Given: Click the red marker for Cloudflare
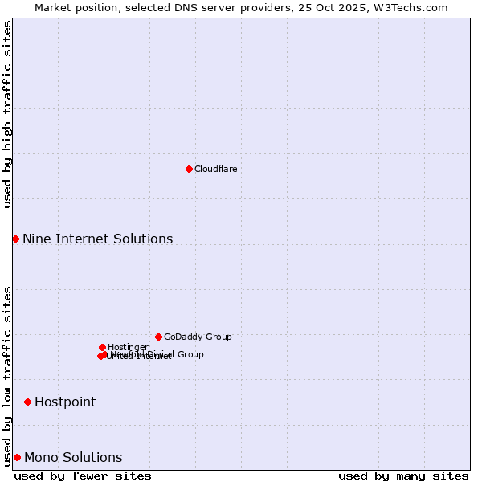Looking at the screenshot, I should (x=189, y=169).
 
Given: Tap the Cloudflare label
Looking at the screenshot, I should (x=215, y=169).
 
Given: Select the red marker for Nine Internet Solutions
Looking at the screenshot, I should (x=15, y=239).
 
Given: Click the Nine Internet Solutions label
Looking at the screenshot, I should (x=97, y=239).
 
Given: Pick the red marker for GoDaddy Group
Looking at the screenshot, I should (x=158, y=337).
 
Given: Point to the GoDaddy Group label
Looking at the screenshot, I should (x=198, y=337).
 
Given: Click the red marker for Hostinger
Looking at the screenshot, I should (x=102, y=347).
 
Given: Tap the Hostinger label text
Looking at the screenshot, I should (x=128, y=347).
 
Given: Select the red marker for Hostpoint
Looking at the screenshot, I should (x=27, y=402).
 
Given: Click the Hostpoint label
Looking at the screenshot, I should (x=65, y=402).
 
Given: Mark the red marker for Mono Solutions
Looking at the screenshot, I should (x=17, y=457).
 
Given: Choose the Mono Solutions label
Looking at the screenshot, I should (x=73, y=457).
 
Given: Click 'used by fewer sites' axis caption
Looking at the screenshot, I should (x=83, y=476).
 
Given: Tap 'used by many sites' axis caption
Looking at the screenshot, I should (x=403, y=476).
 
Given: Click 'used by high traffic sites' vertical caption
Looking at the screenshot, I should (x=7, y=114).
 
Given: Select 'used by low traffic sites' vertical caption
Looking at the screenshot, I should (x=7, y=375).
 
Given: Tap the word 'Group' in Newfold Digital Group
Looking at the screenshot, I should (x=190, y=354).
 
